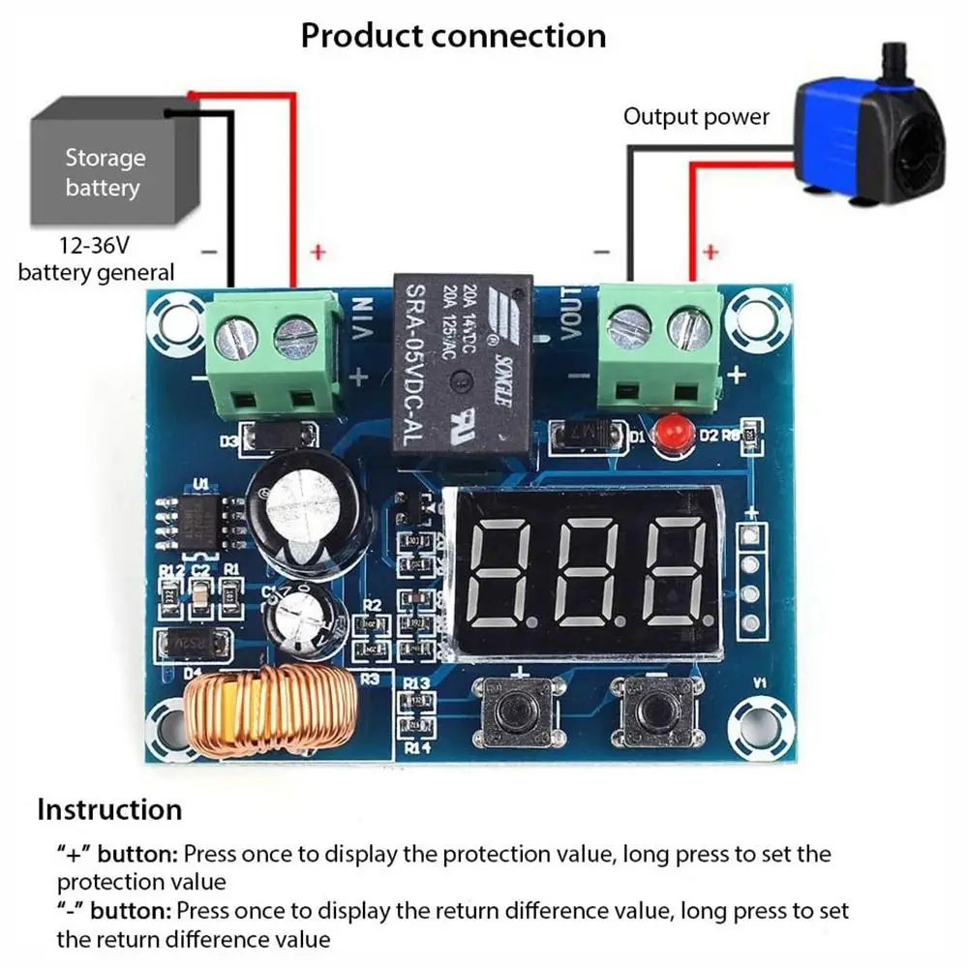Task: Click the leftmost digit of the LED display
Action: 499,572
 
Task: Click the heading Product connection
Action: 453,36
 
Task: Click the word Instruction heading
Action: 109,809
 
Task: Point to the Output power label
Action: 696,117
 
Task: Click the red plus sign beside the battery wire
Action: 317,253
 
